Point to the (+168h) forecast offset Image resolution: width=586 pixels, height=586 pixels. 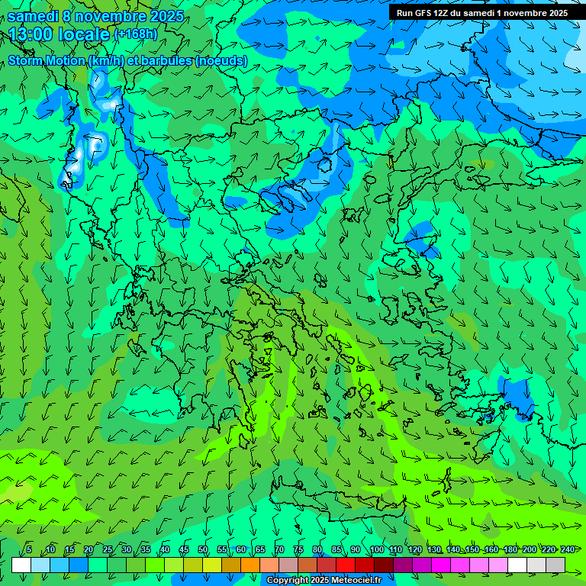(x=135, y=34)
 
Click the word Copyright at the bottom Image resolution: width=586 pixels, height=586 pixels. (x=288, y=581)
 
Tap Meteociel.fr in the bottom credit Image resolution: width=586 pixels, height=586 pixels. (x=356, y=581)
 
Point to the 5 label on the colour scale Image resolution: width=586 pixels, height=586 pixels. (x=29, y=550)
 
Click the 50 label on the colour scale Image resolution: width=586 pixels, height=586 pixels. (x=203, y=550)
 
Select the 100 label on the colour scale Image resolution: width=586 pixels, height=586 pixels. (x=376, y=550)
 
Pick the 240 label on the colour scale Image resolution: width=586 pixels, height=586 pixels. (x=568, y=550)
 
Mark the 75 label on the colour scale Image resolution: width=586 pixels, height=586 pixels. (x=298, y=550)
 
